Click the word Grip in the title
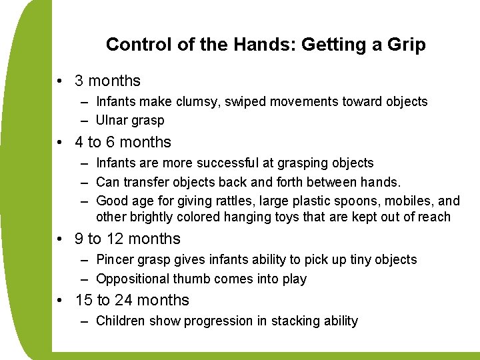click(407, 45)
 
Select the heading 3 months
click(107, 81)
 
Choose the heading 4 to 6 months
click(123, 142)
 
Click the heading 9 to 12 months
click(127, 239)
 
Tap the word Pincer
click(114, 259)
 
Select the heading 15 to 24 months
click(132, 300)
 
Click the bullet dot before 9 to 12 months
click(60, 239)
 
